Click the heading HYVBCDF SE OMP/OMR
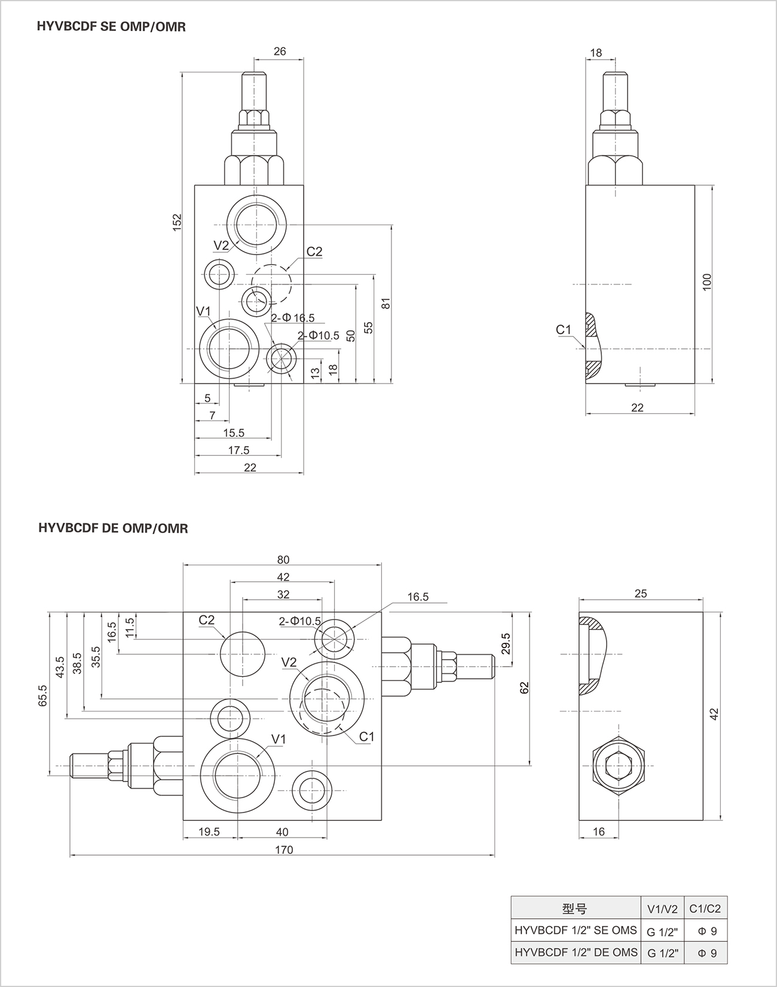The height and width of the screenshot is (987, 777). [x=111, y=26]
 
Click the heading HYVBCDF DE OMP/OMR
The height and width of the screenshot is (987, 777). [x=113, y=528]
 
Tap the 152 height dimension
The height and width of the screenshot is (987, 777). [x=177, y=223]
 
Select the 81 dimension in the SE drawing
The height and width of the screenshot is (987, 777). [x=386, y=303]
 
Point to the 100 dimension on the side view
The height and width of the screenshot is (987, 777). [x=707, y=282]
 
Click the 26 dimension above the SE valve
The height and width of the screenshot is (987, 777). [x=280, y=51]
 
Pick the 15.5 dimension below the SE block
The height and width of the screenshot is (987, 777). [x=234, y=433]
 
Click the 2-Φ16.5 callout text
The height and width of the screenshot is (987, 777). [x=292, y=318]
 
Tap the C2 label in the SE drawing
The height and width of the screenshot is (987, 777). [x=314, y=252]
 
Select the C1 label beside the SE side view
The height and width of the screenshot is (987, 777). [x=564, y=330]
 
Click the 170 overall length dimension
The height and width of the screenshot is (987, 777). [x=284, y=850]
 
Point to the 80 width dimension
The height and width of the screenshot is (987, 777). [x=283, y=560]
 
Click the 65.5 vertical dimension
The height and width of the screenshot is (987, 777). [x=43, y=695]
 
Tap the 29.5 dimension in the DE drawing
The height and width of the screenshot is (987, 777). [x=506, y=644]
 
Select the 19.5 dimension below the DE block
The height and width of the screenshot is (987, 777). [x=209, y=832]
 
